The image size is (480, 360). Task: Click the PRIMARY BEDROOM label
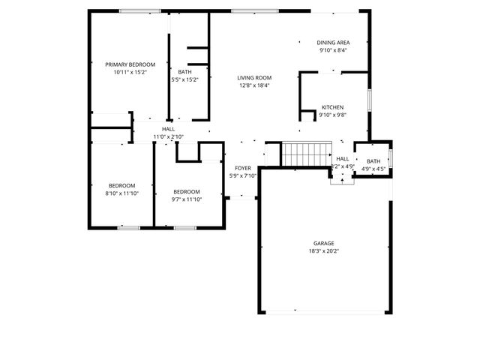(129, 64)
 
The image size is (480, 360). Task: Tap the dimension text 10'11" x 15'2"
(129, 73)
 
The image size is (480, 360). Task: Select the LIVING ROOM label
(254, 78)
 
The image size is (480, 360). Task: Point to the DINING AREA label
(333, 43)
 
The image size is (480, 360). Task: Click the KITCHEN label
(333, 107)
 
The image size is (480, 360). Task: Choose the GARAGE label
(324, 243)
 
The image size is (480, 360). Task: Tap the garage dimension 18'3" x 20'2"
(324, 251)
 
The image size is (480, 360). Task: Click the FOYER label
(243, 168)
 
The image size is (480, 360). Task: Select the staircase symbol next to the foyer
(301, 154)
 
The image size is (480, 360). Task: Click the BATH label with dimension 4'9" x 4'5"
(373, 161)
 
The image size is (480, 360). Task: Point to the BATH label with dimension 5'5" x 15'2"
(184, 72)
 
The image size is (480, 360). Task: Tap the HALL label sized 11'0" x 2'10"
(168, 129)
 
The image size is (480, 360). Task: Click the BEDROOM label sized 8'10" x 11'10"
(122, 185)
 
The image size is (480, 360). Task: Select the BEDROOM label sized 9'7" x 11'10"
(187, 191)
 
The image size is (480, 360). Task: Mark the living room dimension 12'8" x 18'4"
(254, 85)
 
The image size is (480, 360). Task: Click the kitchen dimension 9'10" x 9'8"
(333, 115)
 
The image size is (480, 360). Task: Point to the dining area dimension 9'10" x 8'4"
(333, 51)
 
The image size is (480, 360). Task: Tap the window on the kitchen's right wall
(369, 100)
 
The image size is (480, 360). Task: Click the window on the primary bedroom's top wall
(139, 10)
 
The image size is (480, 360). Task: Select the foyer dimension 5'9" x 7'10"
(243, 176)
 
